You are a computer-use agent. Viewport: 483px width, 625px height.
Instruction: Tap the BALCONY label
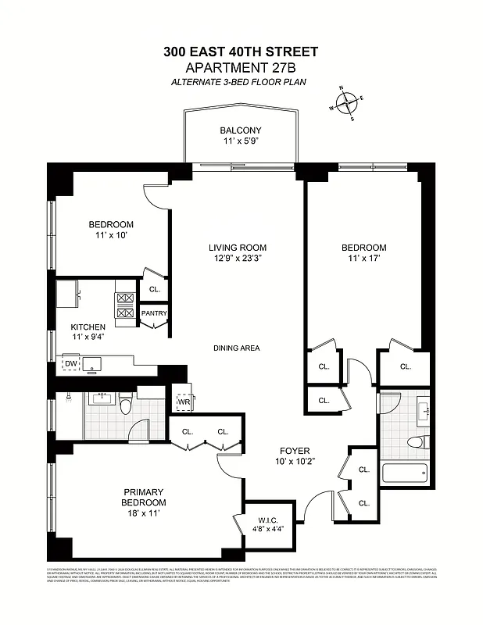tap(240, 130)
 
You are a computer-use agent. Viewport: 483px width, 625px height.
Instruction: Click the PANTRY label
tap(154, 313)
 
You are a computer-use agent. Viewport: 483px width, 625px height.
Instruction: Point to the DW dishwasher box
tap(71, 363)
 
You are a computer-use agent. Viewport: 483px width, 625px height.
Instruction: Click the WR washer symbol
tap(183, 403)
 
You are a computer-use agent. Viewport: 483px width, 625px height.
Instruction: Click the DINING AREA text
tap(236, 348)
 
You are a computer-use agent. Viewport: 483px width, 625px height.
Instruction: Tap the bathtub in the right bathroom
tap(404, 473)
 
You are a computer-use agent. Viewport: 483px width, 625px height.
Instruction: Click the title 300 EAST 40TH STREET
tap(241, 52)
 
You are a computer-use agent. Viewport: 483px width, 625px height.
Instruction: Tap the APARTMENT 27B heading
tap(241, 68)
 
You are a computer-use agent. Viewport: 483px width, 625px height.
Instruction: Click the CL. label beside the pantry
tap(154, 289)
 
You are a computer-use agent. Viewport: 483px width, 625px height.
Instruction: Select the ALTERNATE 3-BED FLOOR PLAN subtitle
tap(241, 82)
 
